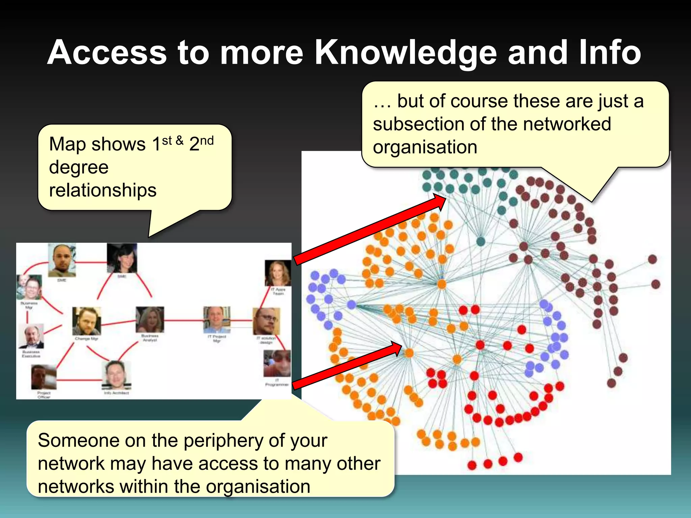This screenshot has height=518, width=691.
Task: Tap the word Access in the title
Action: [107, 53]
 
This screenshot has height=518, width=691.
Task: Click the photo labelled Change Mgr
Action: [86, 321]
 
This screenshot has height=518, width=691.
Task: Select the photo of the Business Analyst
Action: [150, 319]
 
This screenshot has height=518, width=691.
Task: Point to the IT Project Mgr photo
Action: [217, 319]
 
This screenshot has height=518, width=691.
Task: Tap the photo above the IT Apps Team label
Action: [278, 273]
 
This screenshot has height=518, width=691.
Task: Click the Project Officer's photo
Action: [44, 377]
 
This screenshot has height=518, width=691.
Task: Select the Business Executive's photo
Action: [31, 336]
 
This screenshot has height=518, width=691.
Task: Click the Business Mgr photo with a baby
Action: [30, 287]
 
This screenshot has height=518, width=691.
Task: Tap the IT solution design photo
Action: [266, 321]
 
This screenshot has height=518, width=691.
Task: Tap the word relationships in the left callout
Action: [103, 190]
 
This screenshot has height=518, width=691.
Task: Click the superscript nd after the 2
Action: [207, 141]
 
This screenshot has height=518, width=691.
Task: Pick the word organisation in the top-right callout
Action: [425, 147]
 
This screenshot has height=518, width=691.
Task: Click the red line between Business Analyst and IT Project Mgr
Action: [184, 320]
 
